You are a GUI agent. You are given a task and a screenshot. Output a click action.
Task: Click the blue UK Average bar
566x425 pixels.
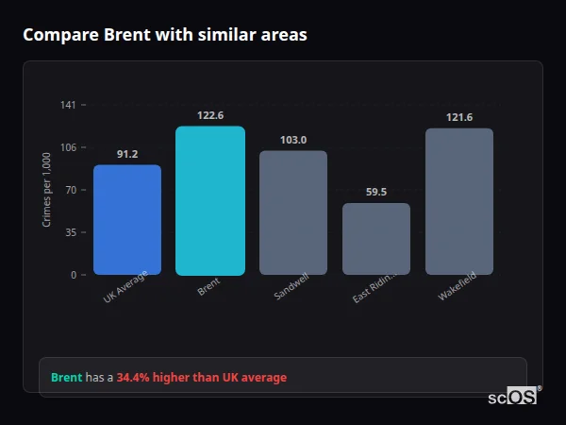pos(127,220)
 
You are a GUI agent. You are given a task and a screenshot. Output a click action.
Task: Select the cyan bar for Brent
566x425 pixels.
pos(210,200)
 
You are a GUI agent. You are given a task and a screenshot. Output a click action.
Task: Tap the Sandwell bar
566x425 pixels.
pos(293,212)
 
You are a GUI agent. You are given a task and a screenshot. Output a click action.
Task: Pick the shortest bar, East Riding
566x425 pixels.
pos(376,239)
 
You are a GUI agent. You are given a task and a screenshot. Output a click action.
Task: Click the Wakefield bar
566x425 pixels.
pos(459,201)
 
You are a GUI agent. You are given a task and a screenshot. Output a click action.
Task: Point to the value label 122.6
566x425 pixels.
pos(210,115)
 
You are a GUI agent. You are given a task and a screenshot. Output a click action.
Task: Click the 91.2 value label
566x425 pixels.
pos(127,154)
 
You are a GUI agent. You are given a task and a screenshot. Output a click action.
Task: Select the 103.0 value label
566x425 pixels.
pos(293,140)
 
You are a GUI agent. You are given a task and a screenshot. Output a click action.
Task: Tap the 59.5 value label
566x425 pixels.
pos(376,192)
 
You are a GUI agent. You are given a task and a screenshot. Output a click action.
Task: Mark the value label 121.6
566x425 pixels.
pos(459,117)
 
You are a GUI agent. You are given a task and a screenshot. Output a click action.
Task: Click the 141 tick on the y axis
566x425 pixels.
pos(68,105)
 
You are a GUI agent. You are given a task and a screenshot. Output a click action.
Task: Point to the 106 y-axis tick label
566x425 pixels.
pos(68,147)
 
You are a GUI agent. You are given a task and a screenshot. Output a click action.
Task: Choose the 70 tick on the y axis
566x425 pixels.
pos(71,190)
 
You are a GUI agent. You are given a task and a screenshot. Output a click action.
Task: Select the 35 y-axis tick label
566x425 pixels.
pos(71,232)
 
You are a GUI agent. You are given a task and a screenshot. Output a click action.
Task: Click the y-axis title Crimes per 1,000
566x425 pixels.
pos(47,189)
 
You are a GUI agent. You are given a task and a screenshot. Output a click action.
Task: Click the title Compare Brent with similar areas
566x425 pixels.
pos(164,35)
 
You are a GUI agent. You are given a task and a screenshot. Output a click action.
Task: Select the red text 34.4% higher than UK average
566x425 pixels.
pos(202,378)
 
